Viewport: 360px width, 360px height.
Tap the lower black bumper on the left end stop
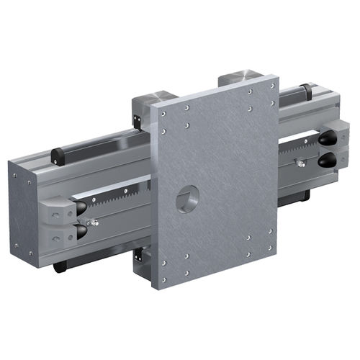(x=80, y=231)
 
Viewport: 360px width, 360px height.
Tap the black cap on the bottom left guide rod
(x=59, y=268)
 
